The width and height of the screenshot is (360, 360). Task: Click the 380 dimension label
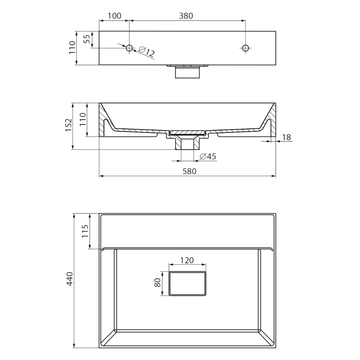coord(186,16)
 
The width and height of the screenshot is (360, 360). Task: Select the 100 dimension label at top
coord(114,16)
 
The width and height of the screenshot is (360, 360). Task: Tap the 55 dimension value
coord(87,39)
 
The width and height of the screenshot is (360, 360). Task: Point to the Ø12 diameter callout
coord(147,52)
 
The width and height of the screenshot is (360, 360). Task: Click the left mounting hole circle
coord(129,48)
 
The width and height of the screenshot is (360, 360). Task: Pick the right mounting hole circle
coord(246,48)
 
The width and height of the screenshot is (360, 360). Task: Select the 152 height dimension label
coord(69,125)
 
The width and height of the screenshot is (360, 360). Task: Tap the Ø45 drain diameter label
coord(208,156)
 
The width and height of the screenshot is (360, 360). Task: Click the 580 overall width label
coord(190,171)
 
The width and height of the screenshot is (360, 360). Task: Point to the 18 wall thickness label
coord(286,137)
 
